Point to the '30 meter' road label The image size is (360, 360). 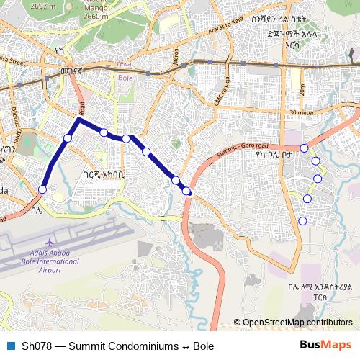coord(303,112)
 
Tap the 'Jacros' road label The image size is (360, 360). coord(176,57)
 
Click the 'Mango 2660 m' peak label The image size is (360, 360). coord(96,12)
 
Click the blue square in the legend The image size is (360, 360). coord(10,346)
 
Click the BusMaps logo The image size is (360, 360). coord(325,346)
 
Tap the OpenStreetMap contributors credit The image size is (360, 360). coord(297,323)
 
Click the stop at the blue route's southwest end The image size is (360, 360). coord(42,189)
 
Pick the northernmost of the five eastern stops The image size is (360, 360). coord(305,148)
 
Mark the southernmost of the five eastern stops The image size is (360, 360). coord(302,220)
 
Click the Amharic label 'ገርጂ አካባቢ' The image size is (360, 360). coord(104,174)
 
